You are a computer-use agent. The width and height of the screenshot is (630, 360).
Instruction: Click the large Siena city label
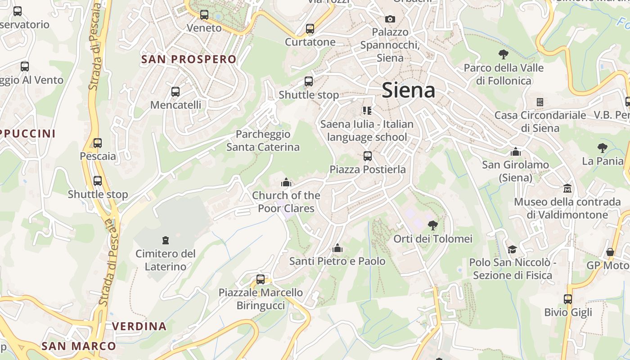(x=408, y=90)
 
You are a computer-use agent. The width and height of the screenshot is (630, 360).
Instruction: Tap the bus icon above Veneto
(x=204, y=14)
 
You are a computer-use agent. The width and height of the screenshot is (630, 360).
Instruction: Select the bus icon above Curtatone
(x=310, y=29)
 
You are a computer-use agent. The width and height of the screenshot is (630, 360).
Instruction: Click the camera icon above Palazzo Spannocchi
(x=390, y=19)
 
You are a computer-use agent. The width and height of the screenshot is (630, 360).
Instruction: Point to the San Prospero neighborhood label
(x=189, y=59)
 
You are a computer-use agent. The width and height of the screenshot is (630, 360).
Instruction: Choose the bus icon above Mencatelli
(x=175, y=92)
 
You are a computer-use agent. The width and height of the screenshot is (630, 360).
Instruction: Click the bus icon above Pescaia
(x=98, y=143)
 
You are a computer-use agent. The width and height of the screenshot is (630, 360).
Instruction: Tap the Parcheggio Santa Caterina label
(x=263, y=140)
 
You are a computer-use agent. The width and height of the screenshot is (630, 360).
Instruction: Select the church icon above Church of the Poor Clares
(x=286, y=182)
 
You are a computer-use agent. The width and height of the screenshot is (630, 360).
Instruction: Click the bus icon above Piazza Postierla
(x=368, y=156)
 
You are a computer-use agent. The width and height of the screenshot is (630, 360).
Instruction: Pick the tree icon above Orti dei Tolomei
(x=432, y=225)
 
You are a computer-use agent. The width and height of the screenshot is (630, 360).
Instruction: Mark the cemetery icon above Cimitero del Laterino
(x=166, y=240)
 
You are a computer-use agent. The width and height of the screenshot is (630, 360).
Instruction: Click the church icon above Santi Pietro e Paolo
(x=337, y=248)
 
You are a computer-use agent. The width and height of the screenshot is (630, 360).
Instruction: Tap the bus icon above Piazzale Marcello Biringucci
(x=261, y=279)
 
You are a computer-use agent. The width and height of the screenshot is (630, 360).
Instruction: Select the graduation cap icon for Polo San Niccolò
(x=512, y=249)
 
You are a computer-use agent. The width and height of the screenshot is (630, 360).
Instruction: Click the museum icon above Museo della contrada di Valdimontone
(x=567, y=188)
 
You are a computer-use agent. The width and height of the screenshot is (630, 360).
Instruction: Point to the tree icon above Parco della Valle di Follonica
(x=504, y=54)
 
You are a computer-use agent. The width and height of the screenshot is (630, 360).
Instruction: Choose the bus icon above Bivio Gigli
(x=568, y=299)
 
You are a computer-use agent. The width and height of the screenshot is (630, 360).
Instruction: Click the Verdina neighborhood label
(x=139, y=326)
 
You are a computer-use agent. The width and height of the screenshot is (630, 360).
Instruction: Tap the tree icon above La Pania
(x=602, y=148)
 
